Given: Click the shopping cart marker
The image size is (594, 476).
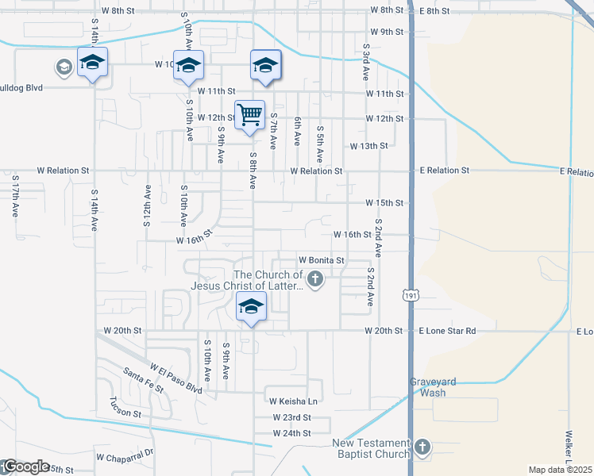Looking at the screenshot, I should [249, 116].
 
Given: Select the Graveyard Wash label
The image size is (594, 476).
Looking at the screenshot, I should [433, 386].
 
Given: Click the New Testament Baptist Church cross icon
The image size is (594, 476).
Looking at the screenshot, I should [422, 447].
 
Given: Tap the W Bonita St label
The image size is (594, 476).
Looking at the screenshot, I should [322, 260].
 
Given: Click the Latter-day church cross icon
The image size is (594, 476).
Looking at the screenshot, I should [316, 278].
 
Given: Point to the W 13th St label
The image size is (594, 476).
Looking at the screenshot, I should [369, 146].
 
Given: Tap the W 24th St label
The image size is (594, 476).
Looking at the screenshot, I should [291, 434].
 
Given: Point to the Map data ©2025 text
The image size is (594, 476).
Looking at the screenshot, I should [560, 470].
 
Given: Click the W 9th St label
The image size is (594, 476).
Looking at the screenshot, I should [388, 32].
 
